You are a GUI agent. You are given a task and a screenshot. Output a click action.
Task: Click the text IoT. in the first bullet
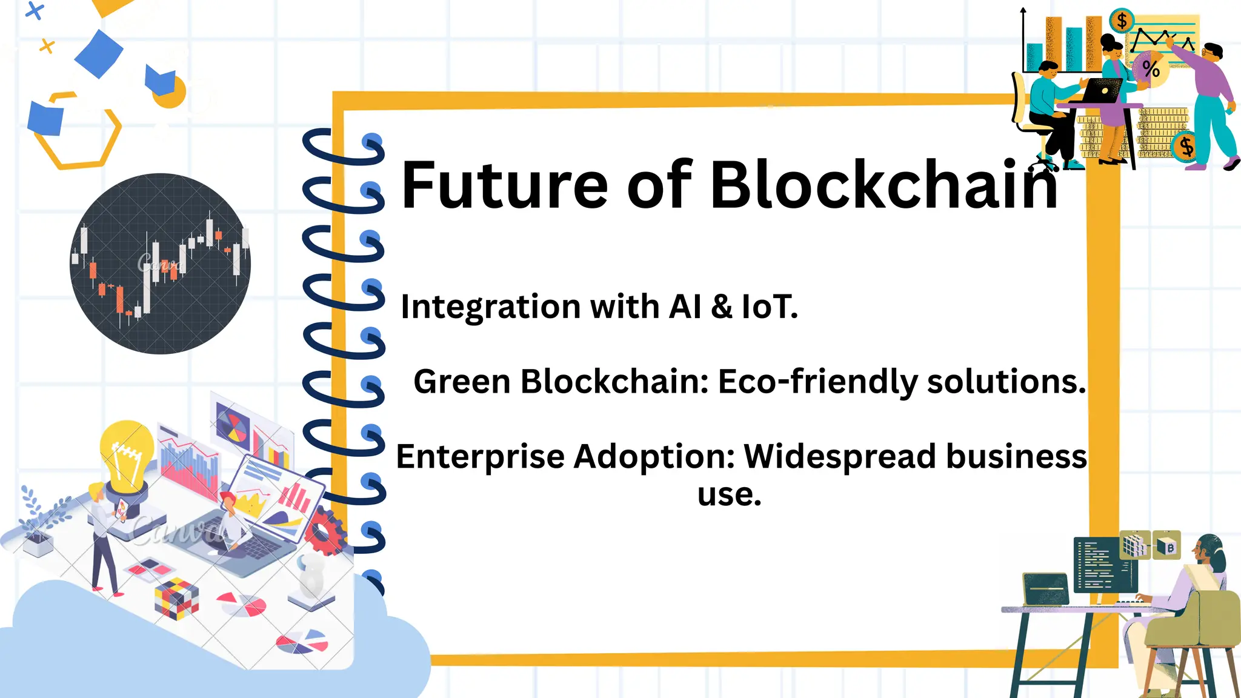coord(770,307)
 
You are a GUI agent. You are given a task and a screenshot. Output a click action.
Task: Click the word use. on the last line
coord(729,495)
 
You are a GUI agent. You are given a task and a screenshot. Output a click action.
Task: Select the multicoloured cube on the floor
coord(176,597)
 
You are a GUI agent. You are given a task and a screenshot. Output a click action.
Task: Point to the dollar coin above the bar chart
coord(1122,21)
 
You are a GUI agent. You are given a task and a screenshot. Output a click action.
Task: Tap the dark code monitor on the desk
coord(1098,565)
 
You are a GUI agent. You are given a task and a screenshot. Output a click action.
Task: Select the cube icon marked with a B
coord(1166,546)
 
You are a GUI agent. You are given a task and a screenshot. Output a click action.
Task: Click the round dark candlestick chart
coord(160,264)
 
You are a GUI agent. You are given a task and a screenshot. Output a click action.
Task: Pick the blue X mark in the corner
coord(35,11)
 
